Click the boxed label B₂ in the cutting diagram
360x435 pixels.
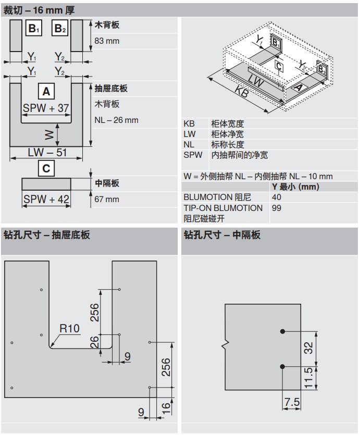pos(60,28)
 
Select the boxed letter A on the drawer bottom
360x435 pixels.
pos(46,92)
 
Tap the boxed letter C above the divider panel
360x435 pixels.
pos(46,168)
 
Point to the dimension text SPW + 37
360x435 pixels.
pos(46,108)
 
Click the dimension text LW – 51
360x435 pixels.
pos(46,153)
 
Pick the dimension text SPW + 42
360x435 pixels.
pos(46,198)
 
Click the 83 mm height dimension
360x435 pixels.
pos(107,41)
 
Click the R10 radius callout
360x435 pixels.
pos(69,328)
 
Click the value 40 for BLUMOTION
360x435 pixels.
pos(277,197)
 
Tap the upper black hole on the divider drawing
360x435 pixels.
pos(282,331)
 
